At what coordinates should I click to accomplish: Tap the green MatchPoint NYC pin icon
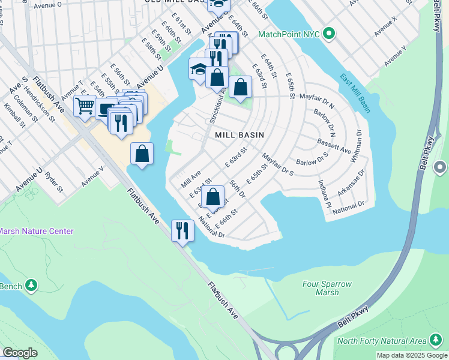(328, 34)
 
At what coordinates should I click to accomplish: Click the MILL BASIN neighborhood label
(240, 135)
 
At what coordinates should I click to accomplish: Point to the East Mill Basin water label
(355, 93)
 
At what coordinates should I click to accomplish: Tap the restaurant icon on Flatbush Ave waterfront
(181, 230)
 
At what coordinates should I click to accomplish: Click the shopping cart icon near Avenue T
(85, 106)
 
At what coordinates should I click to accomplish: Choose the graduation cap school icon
(199, 68)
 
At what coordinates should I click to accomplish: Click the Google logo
(20, 353)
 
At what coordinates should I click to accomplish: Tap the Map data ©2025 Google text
(412, 355)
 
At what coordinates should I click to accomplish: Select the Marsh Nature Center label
(36, 231)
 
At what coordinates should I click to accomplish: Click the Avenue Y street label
(396, 55)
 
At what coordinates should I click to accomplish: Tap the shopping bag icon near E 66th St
(213, 196)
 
